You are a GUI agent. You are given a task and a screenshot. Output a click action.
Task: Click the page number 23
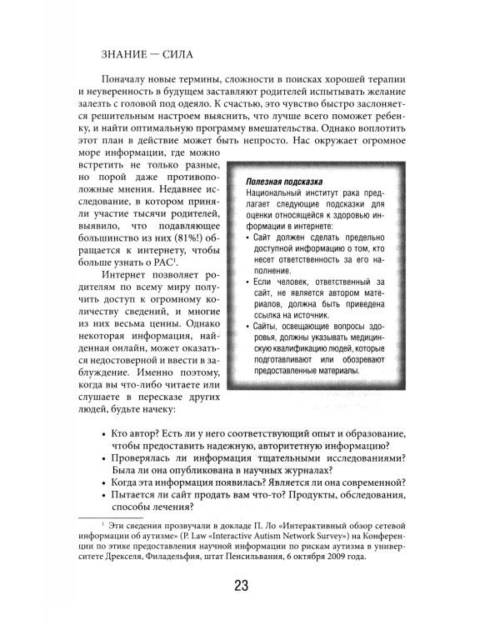click(x=241, y=582)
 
